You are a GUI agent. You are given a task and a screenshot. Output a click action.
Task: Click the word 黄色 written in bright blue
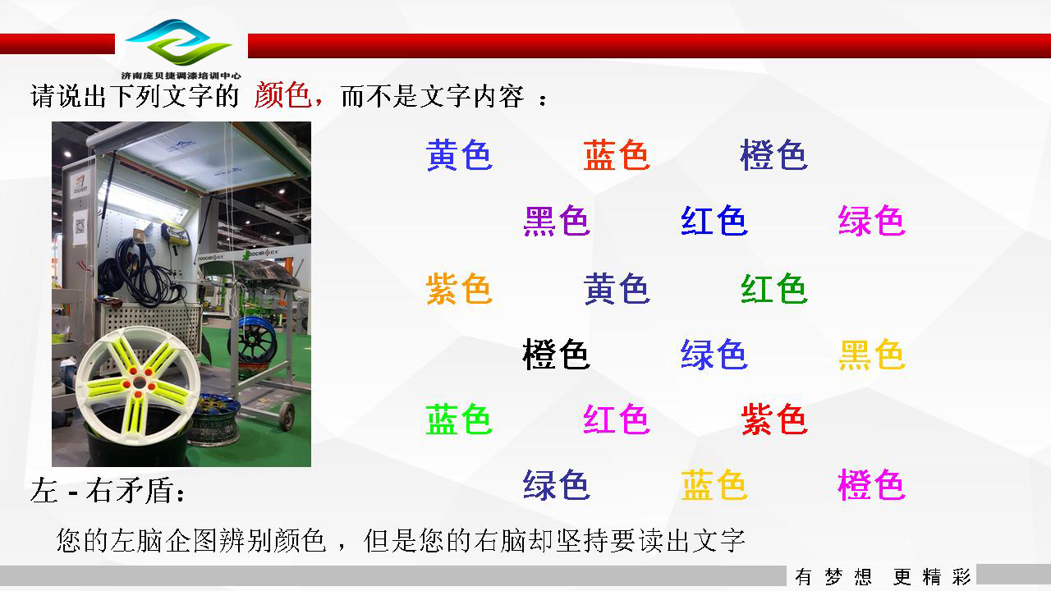459,155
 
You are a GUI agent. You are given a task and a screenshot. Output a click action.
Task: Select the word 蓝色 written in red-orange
617,155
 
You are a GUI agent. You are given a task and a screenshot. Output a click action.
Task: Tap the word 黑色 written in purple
557,220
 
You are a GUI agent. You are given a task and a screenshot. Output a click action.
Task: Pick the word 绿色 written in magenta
872,220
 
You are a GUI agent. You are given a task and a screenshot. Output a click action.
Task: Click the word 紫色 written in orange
459,288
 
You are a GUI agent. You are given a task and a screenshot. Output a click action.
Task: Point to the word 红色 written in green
774,288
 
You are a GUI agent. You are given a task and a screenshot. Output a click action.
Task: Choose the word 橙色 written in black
557,354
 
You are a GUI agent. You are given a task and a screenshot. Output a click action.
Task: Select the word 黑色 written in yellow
872,354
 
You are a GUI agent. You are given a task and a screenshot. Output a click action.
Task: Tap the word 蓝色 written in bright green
459,419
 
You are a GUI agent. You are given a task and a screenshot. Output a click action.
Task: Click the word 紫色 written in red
774,419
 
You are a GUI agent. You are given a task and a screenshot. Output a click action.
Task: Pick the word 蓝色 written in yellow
714,484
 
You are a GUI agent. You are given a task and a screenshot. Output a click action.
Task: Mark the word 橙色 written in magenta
872,484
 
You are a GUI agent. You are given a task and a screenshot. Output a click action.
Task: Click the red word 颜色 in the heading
283,95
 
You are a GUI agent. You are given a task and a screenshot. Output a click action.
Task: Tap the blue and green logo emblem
179,42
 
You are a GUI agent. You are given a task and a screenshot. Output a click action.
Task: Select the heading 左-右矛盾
108,491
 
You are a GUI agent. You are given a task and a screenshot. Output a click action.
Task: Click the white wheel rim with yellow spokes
138,386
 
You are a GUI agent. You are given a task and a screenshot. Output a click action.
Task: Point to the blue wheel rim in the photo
254,340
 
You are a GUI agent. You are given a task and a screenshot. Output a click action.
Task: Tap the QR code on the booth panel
80,227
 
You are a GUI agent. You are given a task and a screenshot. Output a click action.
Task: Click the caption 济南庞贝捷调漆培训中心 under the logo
181,76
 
